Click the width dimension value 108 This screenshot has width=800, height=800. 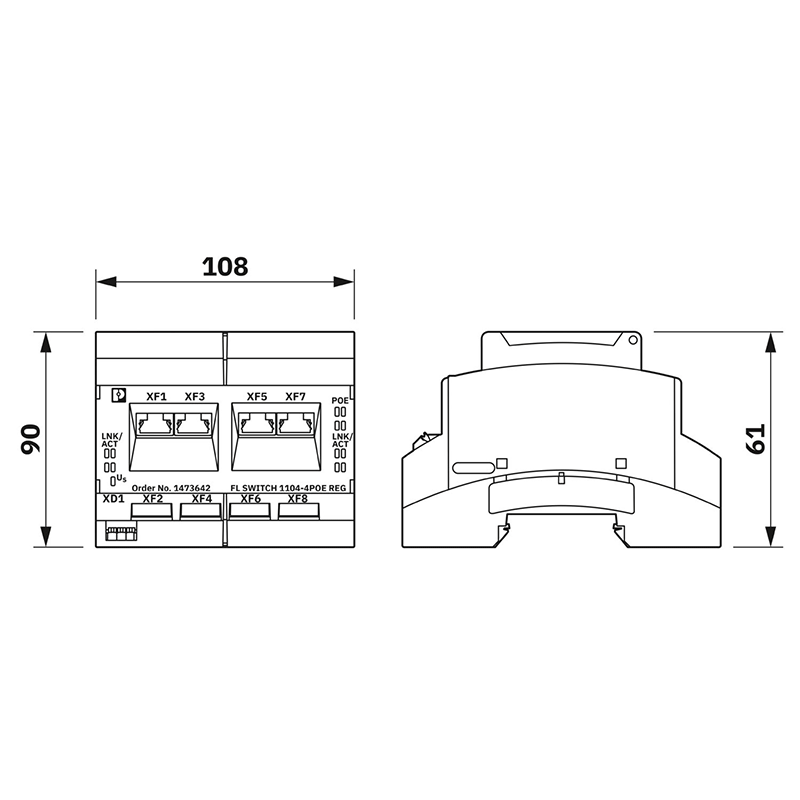224,267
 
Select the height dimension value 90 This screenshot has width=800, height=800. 32,440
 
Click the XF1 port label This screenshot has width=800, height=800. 156,397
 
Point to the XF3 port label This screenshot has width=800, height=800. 194,397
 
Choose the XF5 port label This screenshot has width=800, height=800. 257,397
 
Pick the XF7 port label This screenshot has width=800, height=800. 295,397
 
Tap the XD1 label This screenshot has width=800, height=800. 112,498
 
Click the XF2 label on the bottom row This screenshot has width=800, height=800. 152,498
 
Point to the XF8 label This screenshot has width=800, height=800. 297,498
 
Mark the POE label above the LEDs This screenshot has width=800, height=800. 340,401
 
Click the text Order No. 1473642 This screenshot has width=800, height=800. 170,487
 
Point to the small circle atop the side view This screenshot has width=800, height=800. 633,339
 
